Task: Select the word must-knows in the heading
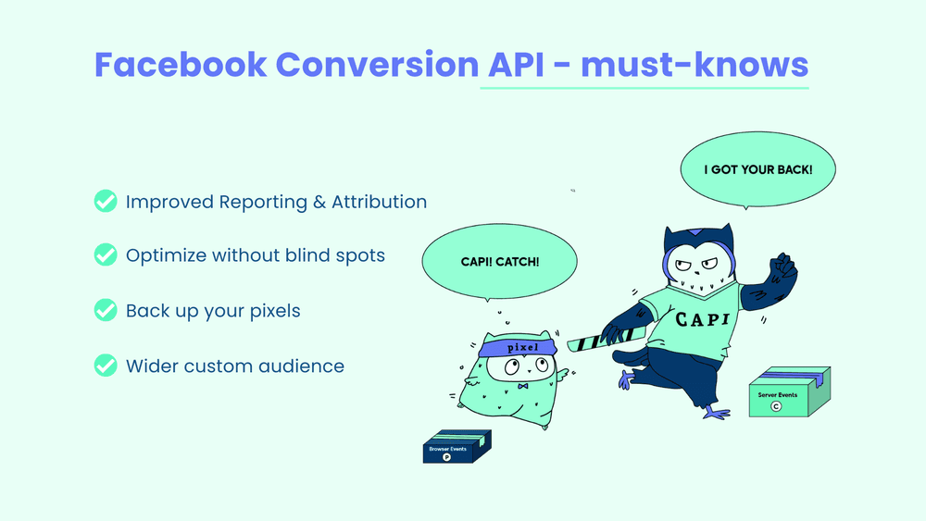(697, 65)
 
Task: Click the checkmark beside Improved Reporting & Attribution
(106, 202)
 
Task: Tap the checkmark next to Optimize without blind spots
(106, 255)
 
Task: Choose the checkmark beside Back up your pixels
(106, 311)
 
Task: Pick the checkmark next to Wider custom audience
(106, 366)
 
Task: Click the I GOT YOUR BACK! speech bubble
(757, 170)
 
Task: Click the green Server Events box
(788, 394)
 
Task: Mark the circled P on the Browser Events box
(447, 456)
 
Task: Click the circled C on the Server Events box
(780, 404)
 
